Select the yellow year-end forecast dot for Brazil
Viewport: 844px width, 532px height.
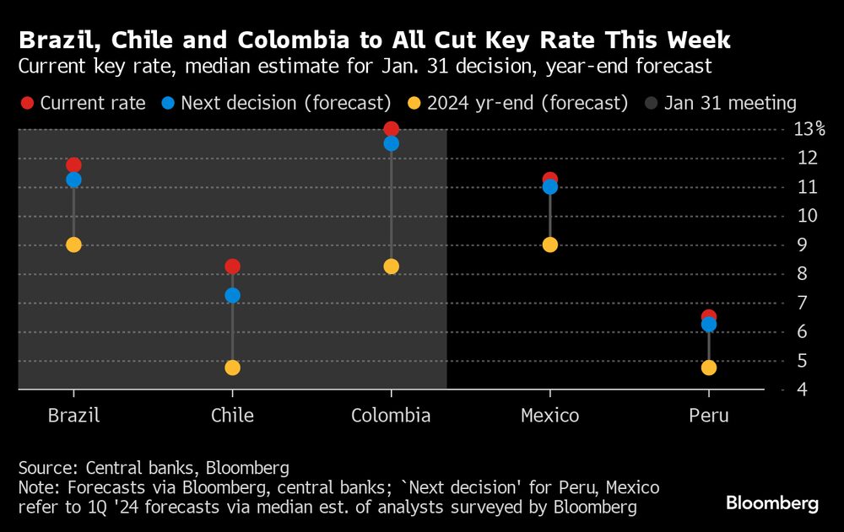point(73,245)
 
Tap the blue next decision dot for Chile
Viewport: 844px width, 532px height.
point(232,295)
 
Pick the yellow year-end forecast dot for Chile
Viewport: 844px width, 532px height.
point(232,368)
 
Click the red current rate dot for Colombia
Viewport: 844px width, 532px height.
point(391,129)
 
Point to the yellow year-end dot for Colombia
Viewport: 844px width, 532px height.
point(391,266)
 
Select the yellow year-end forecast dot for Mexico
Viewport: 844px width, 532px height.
point(549,245)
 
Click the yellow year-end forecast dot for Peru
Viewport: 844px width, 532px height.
point(708,368)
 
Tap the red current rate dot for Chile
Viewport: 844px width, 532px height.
point(232,266)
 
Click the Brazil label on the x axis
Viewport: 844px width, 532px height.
point(73,416)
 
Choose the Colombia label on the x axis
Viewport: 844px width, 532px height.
point(391,416)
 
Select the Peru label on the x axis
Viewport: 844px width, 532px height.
point(708,416)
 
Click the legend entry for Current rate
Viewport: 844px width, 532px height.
point(83,103)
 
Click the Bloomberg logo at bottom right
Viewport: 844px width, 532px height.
point(771,503)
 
